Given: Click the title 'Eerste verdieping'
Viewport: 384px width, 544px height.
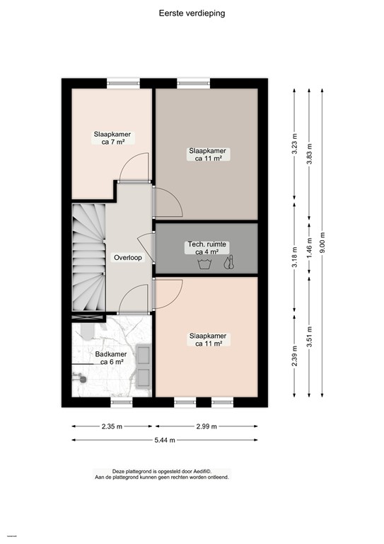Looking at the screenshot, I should tap(192, 13).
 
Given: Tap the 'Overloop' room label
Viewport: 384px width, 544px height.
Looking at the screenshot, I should tap(128, 258).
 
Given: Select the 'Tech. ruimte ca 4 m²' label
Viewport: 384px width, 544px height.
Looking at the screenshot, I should tap(206, 247).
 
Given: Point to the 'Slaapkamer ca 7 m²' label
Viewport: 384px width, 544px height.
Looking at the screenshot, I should tap(112, 137).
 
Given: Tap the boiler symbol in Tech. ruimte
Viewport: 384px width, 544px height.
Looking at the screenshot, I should tap(228, 263).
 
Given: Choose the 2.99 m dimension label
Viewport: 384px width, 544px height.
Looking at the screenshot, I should tap(206, 426).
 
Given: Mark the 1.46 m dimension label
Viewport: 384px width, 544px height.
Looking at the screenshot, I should tap(308, 250).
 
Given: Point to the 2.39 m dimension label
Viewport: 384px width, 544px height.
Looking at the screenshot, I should tap(295, 355).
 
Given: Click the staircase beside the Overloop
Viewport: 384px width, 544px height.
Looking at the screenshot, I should tap(88, 258).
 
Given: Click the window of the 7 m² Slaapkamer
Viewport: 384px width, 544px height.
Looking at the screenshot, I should tap(121, 84).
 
